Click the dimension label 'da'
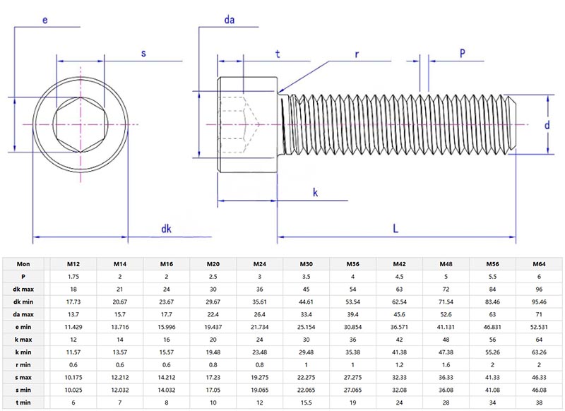coord(229,20)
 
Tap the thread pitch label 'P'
coord(463,53)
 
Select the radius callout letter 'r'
coord(357,53)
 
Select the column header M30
coord(306,263)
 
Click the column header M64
coord(540,263)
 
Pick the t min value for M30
coord(306,402)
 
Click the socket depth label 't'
coord(278,53)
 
